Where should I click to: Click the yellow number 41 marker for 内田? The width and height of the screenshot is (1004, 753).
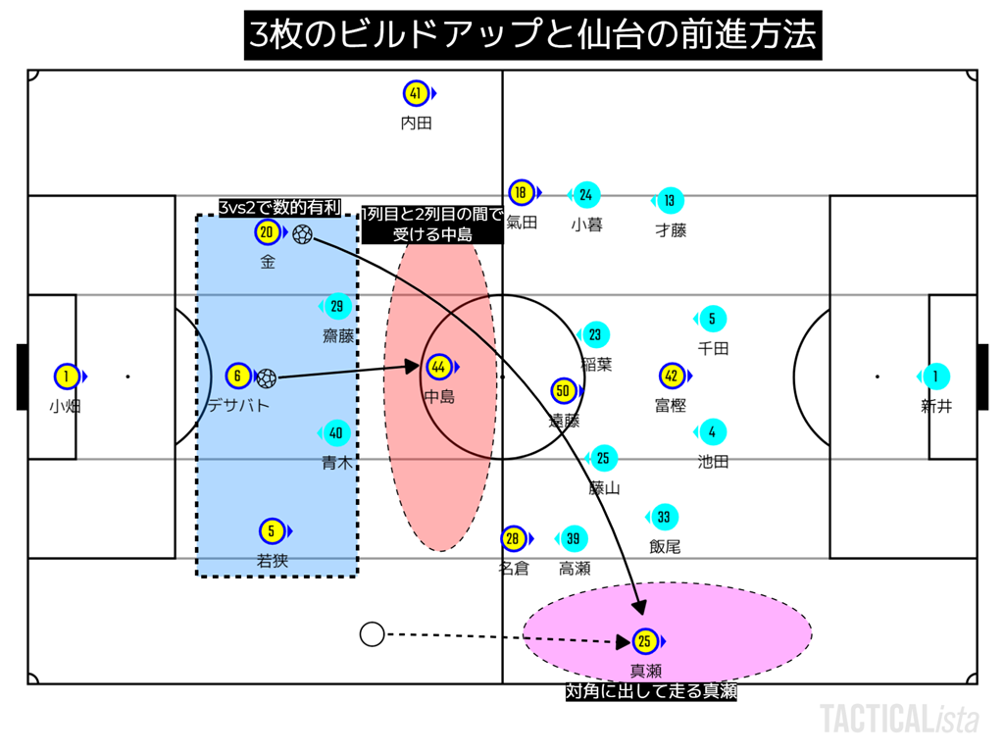click(416, 94)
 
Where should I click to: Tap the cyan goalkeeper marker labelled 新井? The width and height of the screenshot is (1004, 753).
click(936, 376)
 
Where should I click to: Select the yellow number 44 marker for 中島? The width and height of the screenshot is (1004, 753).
click(439, 368)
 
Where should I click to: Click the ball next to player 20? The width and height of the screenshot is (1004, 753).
click(302, 234)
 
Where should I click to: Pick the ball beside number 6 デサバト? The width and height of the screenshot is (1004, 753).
click(266, 377)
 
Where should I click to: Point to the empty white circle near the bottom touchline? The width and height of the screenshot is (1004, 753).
click(372, 634)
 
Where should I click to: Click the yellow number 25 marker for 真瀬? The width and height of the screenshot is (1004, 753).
click(645, 642)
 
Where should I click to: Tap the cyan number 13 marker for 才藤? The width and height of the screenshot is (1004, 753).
click(670, 201)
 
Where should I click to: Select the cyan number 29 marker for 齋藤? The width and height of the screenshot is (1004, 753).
click(336, 307)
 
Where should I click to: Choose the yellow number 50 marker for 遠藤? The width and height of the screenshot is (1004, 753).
click(563, 391)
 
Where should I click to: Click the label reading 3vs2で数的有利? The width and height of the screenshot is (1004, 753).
click(279, 207)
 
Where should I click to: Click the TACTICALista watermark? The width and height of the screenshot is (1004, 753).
click(899, 719)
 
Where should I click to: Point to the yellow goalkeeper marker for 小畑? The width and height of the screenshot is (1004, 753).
click(67, 376)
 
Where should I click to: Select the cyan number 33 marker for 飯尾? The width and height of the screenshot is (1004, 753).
click(664, 518)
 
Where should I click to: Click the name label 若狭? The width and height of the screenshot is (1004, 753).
click(272, 561)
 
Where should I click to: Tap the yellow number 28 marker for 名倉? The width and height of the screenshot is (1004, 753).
click(513, 539)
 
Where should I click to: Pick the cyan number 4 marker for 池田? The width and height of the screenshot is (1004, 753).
click(712, 432)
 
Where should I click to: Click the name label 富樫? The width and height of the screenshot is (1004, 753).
click(671, 405)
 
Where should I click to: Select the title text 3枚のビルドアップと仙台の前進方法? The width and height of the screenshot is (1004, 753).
click(532, 36)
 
